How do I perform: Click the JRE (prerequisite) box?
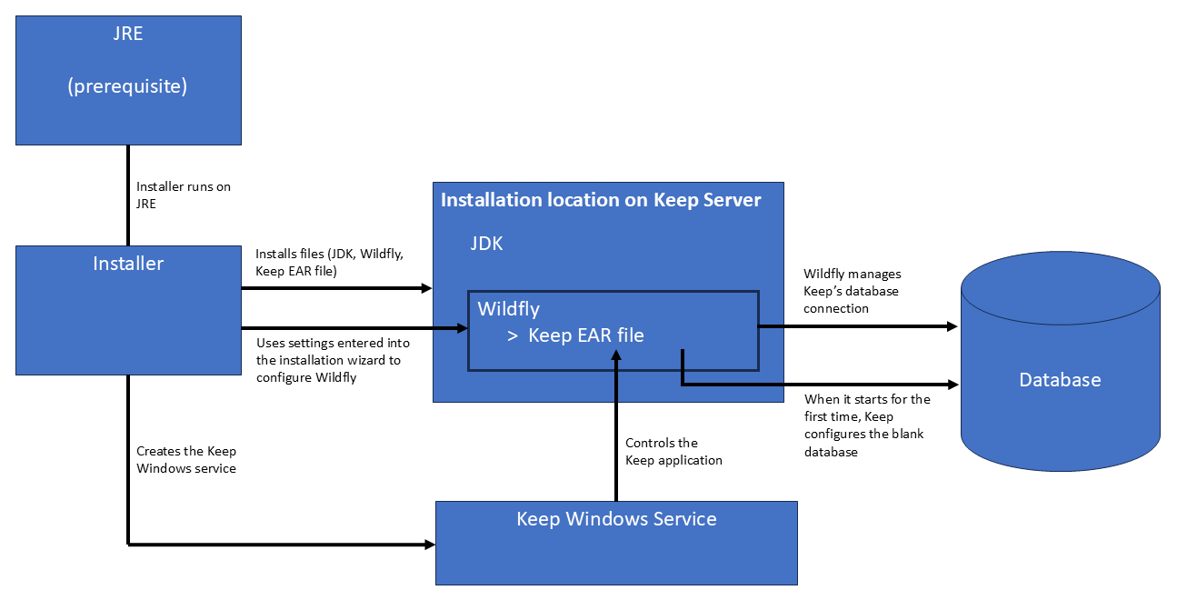(x=128, y=80)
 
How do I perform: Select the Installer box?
(x=128, y=310)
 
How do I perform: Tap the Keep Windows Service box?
(x=616, y=543)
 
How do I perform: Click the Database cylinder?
(x=1061, y=362)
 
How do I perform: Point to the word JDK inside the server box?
(x=486, y=244)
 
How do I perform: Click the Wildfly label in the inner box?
(x=508, y=309)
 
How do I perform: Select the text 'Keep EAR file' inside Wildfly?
(x=586, y=335)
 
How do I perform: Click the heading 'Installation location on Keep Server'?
(x=601, y=200)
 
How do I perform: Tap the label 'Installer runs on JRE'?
(x=184, y=195)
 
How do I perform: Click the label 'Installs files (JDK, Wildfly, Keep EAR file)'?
(x=329, y=262)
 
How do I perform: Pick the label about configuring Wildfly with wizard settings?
(x=334, y=360)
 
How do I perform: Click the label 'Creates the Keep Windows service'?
(x=186, y=460)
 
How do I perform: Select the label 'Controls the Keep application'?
(x=673, y=451)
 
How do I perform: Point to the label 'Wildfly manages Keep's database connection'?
(x=852, y=291)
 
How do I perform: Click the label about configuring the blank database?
(x=867, y=425)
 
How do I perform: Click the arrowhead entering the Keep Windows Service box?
(x=430, y=545)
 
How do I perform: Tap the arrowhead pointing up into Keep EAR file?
(x=616, y=355)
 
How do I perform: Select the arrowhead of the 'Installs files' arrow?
(x=426, y=288)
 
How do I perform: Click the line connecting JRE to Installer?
(x=128, y=195)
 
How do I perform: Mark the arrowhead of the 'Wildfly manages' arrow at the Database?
(x=953, y=326)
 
